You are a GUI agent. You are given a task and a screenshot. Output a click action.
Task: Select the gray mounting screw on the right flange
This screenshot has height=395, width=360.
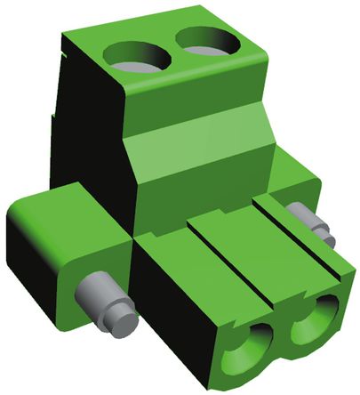pyautogui.click(x=310, y=225)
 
